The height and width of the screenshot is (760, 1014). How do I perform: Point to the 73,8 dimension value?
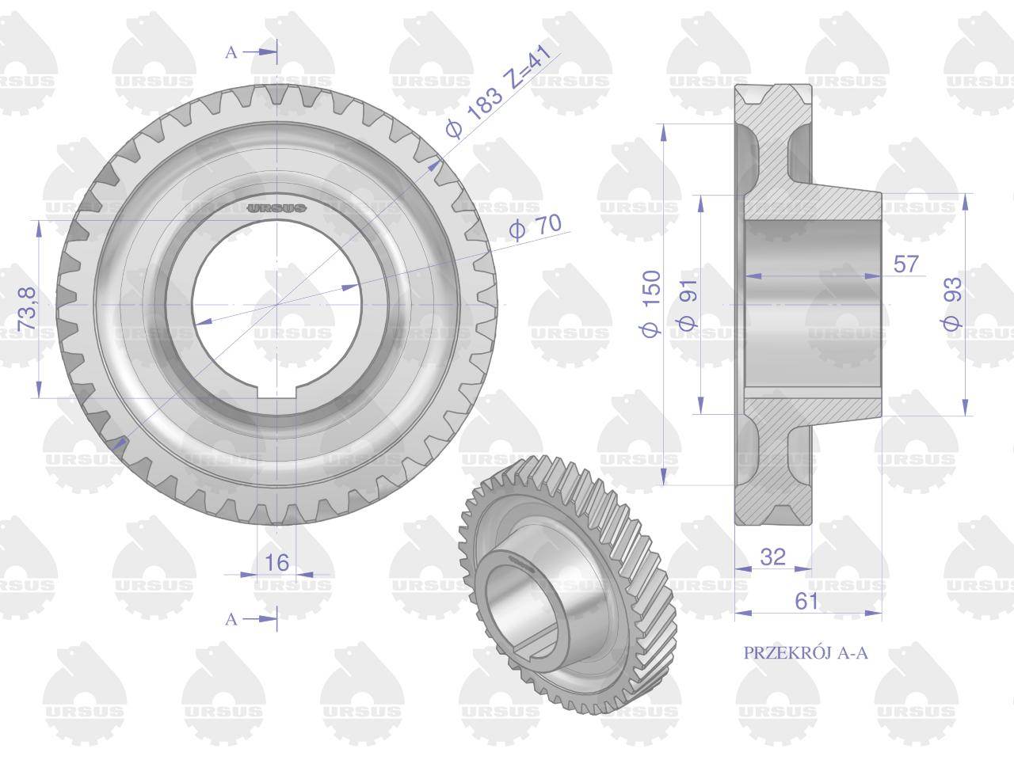[28, 308]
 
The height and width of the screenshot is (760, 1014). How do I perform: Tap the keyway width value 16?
[276, 563]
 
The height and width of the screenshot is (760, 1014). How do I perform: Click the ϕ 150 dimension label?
[651, 304]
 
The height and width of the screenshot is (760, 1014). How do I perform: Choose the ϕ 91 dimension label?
[688, 304]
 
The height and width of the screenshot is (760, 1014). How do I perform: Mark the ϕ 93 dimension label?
[952, 304]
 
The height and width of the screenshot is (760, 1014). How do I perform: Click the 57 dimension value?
[906, 264]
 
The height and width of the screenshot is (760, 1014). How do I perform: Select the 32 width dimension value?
[773, 557]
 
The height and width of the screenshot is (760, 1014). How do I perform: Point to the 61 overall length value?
[806, 601]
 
